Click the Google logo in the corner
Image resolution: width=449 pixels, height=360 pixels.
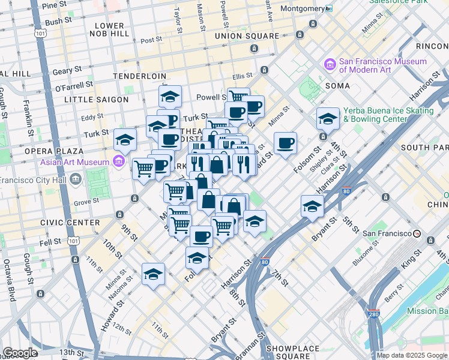pyautogui.click(x=20, y=353)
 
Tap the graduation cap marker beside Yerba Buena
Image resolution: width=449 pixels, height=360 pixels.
pyautogui.click(x=328, y=119)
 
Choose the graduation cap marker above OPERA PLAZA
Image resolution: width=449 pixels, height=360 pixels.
pyautogui.click(x=125, y=139)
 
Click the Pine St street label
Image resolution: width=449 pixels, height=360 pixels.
pyautogui.click(x=54, y=5)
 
